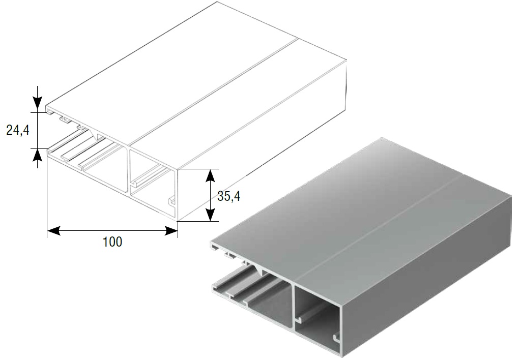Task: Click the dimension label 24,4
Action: pyautogui.click(x=18, y=130)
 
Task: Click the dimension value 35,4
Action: pyautogui.click(x=228, y=196)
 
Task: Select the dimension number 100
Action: pyautogui.click(x=112, y=242)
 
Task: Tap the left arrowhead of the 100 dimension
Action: pyautogui.click(x=54, y=231)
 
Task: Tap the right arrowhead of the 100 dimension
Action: pyautogui.click(x=171, y=231)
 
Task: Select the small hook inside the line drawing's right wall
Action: pyautogui.click(x=172, y=201)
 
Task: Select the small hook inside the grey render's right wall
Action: pyautogui.click(x=337, y=339)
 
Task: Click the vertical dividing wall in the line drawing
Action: pyautogui.click(x=128, y=170)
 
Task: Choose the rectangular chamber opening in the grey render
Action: pyautogui.click(x=317, y=319)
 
